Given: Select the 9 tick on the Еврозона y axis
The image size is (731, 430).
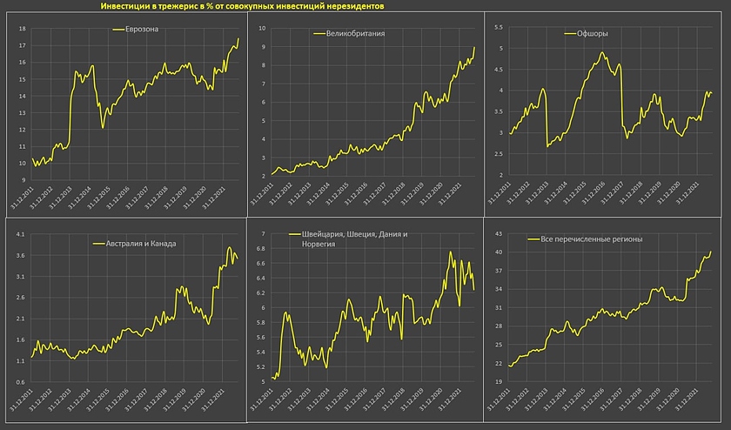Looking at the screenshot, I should coord(22,180).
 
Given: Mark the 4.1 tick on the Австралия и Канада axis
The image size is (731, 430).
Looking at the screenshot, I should coord(20,234).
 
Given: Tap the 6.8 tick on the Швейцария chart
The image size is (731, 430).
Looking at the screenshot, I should coord(261,249).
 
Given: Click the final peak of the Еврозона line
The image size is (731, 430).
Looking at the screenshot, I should coord(238,37).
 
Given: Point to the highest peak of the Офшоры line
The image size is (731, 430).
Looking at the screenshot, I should coord(602,52).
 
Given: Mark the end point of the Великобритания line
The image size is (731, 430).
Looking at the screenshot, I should coord(474,47).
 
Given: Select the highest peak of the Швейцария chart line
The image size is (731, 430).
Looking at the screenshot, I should coord(450,252).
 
